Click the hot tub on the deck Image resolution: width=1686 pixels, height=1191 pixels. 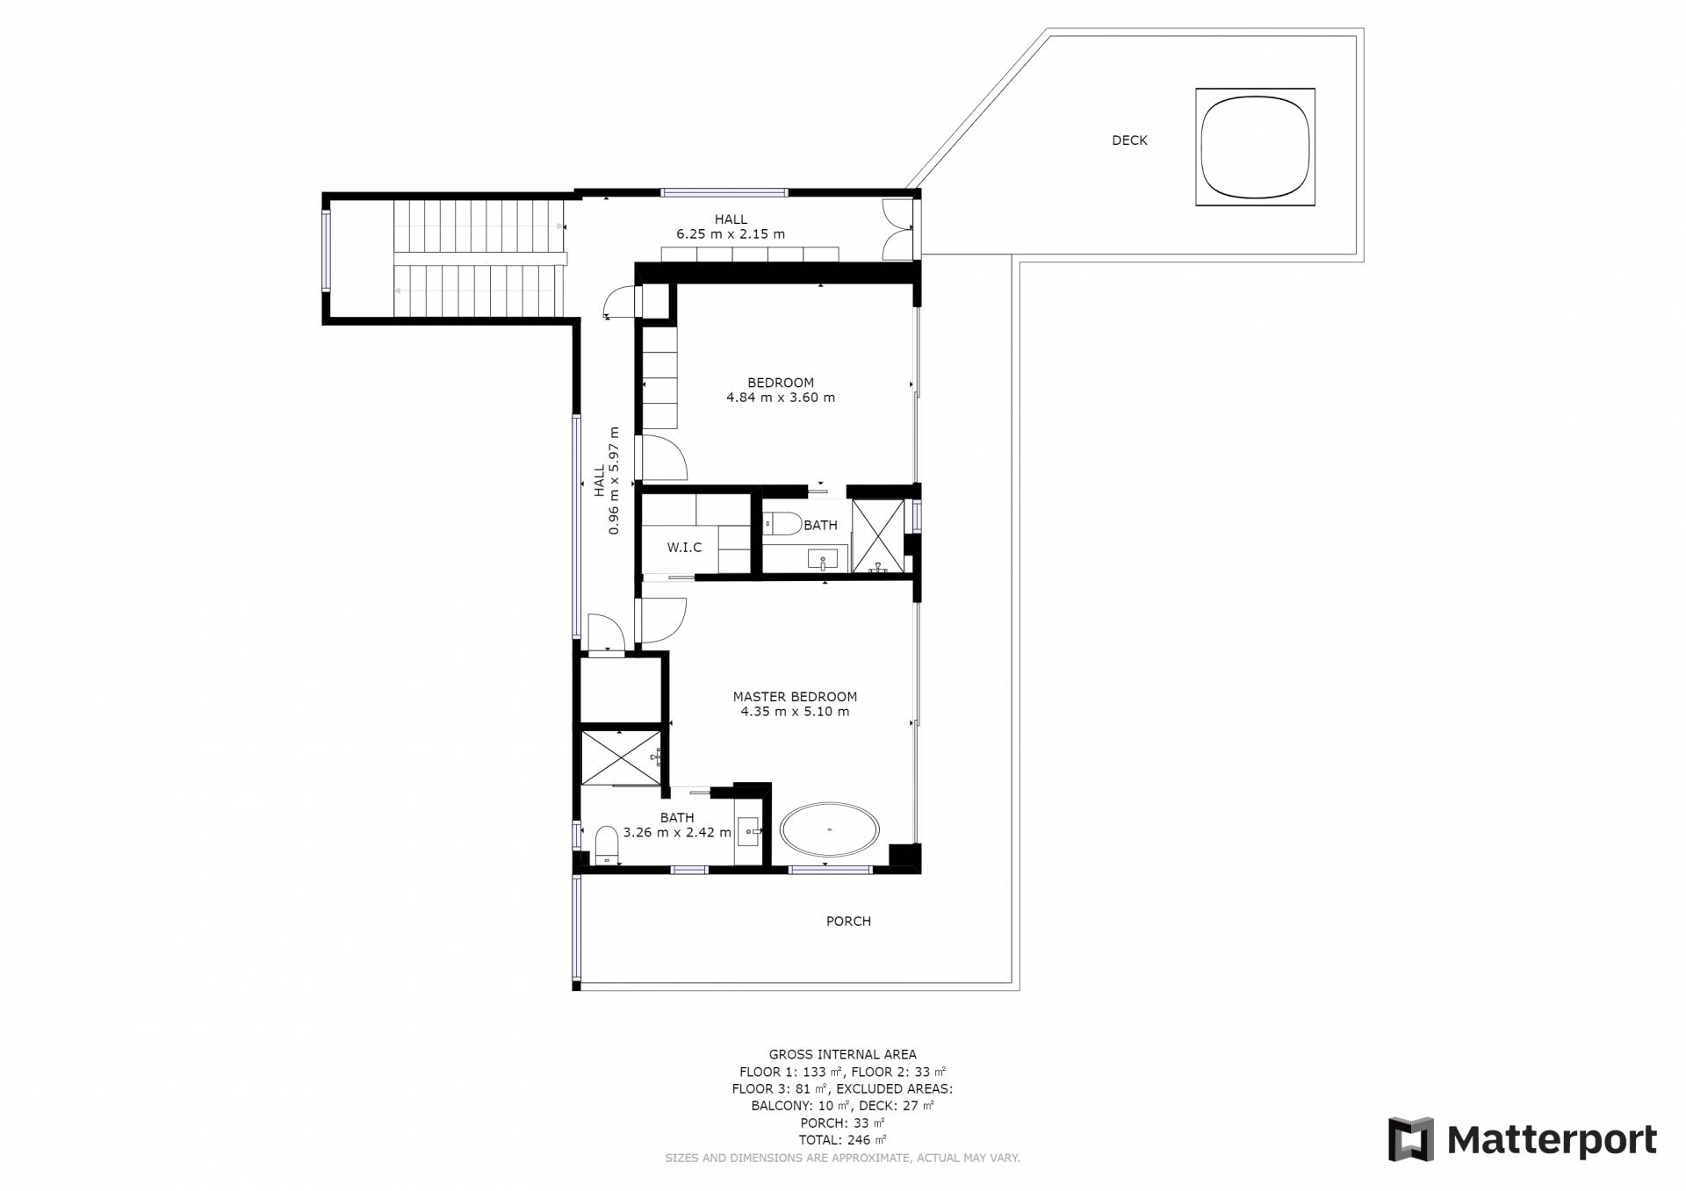point(1255,147)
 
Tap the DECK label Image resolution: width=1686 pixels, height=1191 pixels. point(1129,140)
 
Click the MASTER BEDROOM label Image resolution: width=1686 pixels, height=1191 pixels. point(795,697)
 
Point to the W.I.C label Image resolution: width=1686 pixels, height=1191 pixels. point(684,548)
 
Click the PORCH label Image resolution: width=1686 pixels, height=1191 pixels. point(848,922)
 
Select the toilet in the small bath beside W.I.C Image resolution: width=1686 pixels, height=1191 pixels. point(782,524)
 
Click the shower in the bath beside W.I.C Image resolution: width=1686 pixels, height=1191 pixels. point(878,536)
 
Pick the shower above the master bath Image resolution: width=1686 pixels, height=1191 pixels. point(621,757)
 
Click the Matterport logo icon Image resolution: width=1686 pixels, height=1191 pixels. point(1410,1139)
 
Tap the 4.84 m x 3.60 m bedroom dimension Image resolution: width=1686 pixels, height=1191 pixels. point(781,398)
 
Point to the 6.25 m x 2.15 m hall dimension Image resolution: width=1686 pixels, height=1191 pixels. point(731,234)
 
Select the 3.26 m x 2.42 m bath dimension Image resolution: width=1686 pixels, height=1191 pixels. point(677,833)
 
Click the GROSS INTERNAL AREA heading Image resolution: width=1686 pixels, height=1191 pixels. point(843,1055)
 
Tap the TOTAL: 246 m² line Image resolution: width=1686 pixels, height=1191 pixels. point(843,1140)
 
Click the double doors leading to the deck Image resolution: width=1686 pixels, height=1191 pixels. point(897,230)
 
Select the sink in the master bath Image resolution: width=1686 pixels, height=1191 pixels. point(748,831)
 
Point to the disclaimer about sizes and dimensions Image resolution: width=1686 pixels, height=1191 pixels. point(843,1159)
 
